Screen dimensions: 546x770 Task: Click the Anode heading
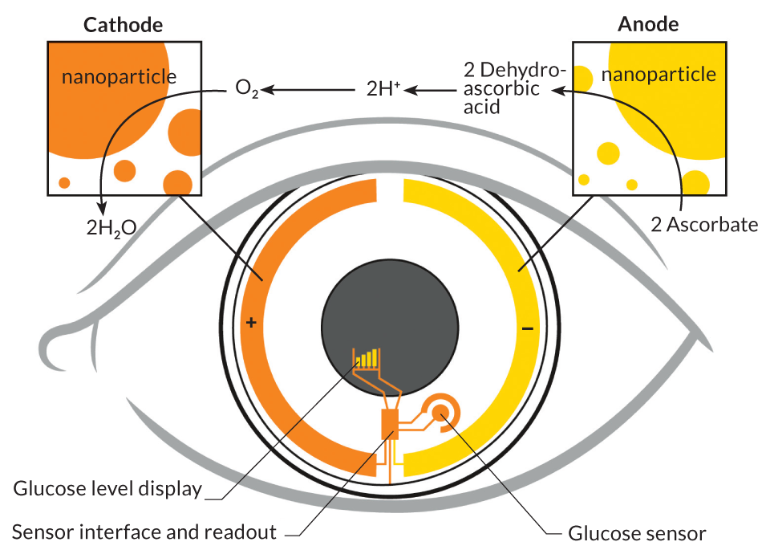point(648,24)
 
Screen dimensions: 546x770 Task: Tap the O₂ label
point(247,88)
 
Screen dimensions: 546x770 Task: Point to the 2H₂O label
point(111,226)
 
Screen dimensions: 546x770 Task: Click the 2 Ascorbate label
point(704,224)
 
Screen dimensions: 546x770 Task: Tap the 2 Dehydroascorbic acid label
point(502,88)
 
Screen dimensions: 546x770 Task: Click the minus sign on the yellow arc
point(527,328)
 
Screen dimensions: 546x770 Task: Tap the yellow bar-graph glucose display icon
point(367,358)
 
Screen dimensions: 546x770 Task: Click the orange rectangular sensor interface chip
point(389,424)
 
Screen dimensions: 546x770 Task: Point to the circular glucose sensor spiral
point(440,413)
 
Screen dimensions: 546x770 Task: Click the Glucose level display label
point(107,488)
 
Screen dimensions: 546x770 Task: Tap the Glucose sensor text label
point(637,533)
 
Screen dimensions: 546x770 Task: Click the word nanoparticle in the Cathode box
point(119,77)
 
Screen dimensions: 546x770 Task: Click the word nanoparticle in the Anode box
point(659,75)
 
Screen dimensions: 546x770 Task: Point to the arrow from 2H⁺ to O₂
point(309,89)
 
